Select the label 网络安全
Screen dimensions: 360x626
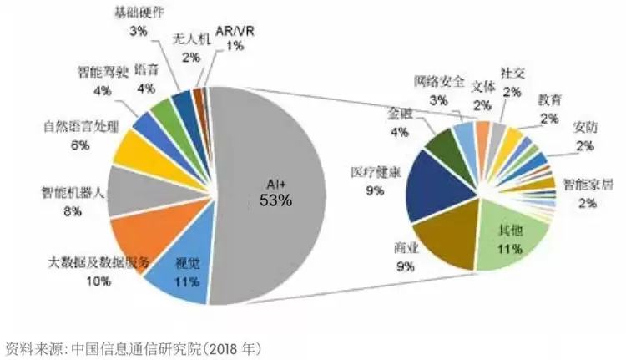439,81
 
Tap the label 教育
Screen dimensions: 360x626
549,99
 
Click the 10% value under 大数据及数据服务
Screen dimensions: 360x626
98,281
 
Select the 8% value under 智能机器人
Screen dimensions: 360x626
71,212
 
